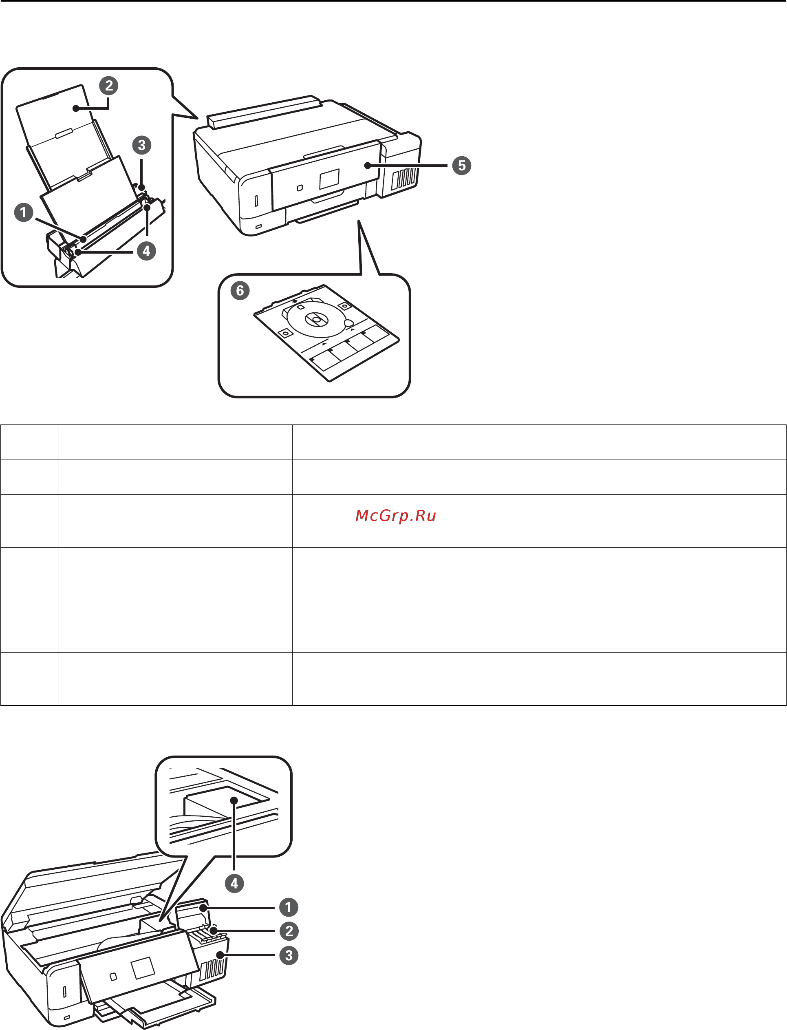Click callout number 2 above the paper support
[x=109, y=86]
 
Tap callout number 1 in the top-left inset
[x=23, y=212]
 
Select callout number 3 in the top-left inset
[x=141, y=145]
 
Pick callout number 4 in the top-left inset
[x=146, y=251]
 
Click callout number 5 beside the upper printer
[x=461, y=166]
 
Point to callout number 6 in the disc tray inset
[x=240, y=291]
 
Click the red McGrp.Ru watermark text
[x=396, y=515]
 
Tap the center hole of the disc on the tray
[x=316, y=320]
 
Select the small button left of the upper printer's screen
[x=300, y=188]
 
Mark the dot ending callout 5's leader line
[x=368, y=166]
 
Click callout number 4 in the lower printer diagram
[x=234, y=883]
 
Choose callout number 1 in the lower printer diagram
[x=289, y=907]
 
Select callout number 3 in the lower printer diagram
[x=289, y=955]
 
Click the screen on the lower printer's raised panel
[x=142, y=968]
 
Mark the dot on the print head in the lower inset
[x=234, y=800]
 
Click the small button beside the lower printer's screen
[x=113, y=977]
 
